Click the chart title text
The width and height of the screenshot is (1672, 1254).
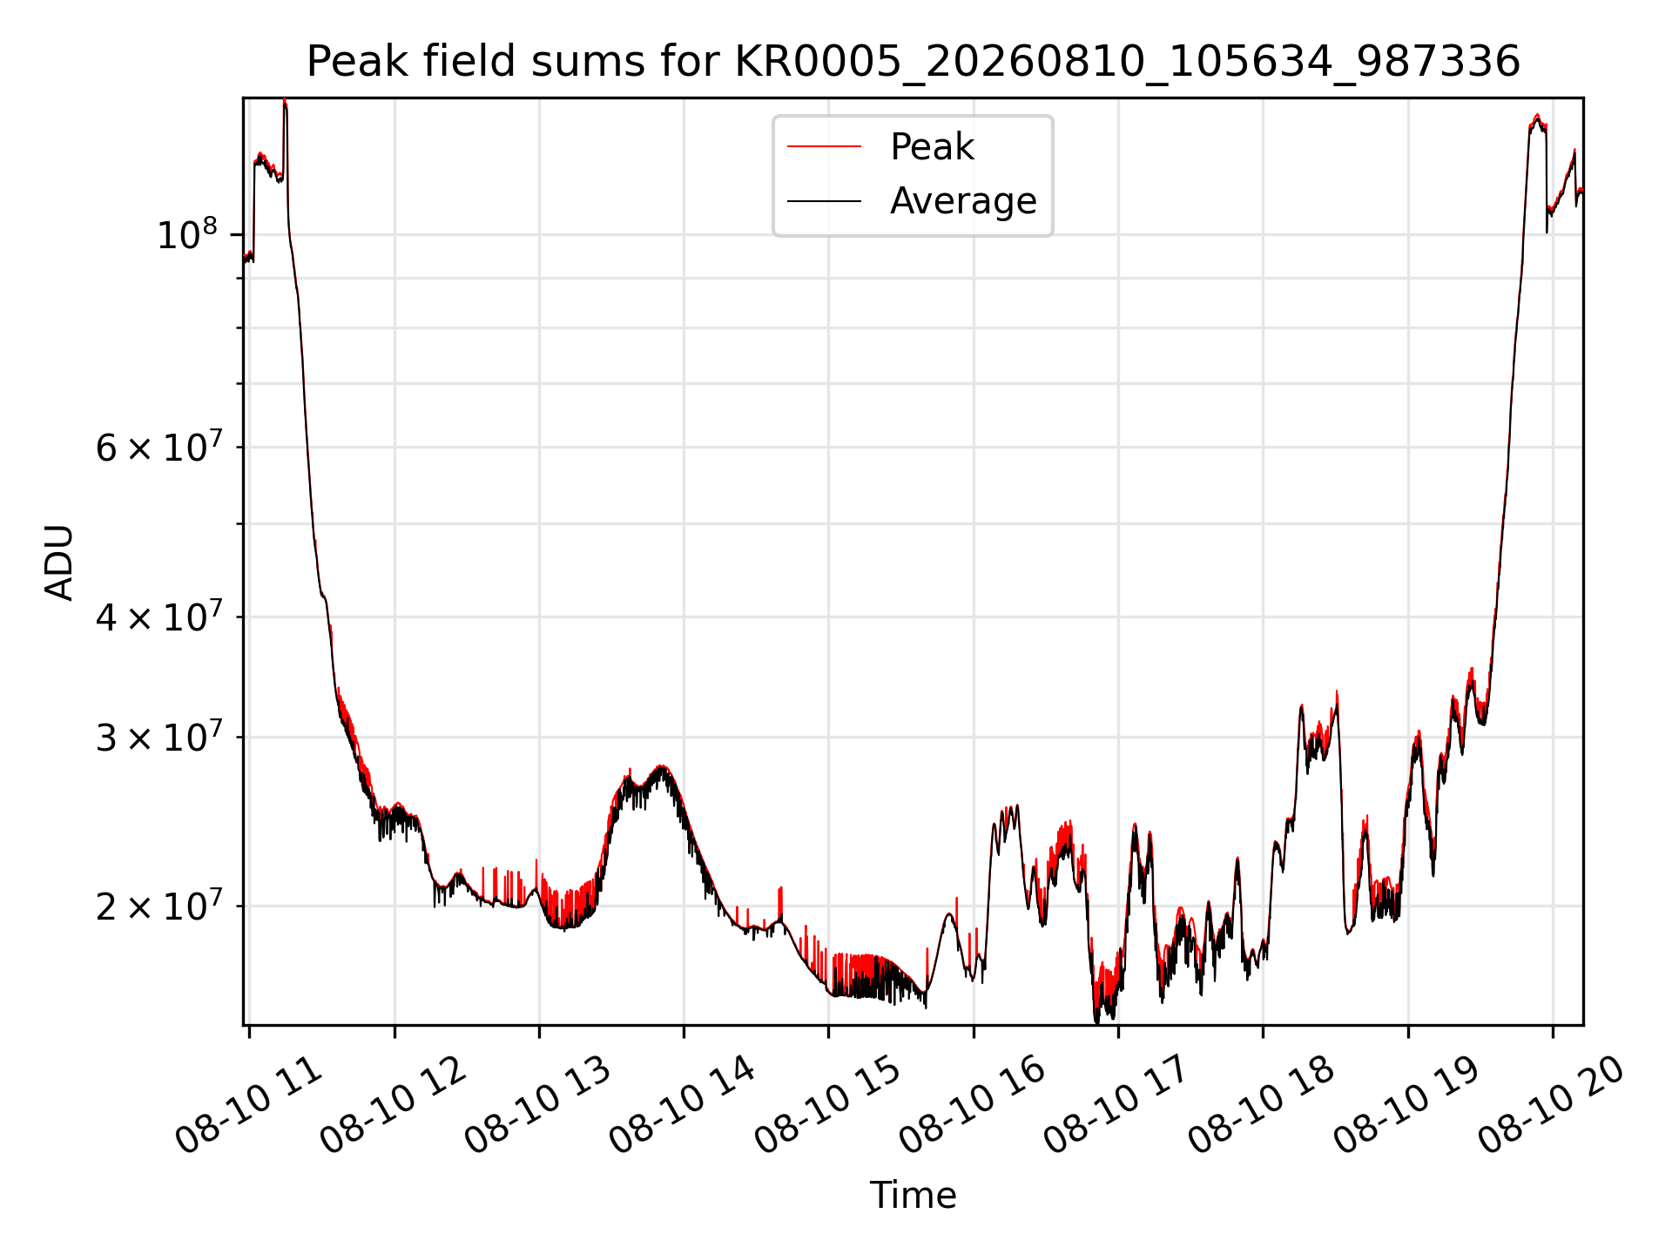(914, 62)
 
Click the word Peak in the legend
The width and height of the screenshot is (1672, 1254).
(932, 146)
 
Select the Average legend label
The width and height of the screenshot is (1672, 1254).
(963, 201)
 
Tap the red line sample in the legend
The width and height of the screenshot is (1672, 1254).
(824, 147)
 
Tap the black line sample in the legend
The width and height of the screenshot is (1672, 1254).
(824, 201)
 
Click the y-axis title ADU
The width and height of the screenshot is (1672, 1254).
(59, 562)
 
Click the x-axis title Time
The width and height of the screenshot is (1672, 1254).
(914, 1195)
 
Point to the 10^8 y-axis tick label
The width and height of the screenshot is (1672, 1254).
(186, 234)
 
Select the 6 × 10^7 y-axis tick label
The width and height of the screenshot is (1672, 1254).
(158, 448)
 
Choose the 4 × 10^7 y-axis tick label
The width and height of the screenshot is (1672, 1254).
(158, 617)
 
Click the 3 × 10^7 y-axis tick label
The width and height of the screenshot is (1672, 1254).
(158, 737)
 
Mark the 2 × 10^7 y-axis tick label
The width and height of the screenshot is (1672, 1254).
(158, 906)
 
